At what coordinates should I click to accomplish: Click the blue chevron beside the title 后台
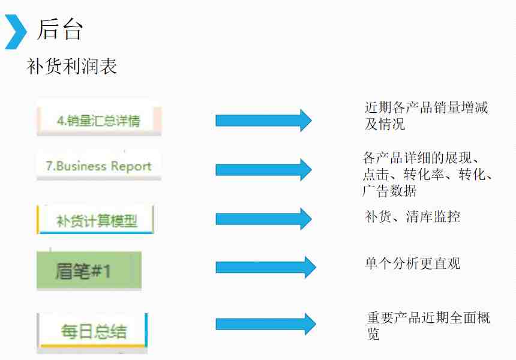click(x=16, y=32)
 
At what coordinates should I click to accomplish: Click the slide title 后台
click(x=59, y=29)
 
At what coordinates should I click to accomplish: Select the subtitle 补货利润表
click(x=72, y=66)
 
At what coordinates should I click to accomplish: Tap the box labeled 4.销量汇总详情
click(x=99, y=121)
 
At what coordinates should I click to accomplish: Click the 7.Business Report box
click(x=99, y=166)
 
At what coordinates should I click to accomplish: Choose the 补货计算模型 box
click(x=95, y=220)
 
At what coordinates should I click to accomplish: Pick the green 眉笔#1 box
click(x=89, y=271)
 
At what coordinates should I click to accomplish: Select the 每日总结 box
click(x=92, y=331)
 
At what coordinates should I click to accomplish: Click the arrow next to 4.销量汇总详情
click(x=263, y=121)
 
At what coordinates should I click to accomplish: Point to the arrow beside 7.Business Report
click(x=263, y=170)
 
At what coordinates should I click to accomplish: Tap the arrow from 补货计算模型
click(x=263, y=219)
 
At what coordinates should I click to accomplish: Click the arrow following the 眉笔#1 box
click(x=266, y=267)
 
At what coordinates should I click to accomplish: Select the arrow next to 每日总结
click(x=266, y=324)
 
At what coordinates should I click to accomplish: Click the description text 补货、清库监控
click(x=412, y=217)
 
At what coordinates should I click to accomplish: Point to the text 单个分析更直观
click(x=412, y=263)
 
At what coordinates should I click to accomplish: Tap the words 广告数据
click(x=389, y=191)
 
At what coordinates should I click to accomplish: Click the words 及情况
click(x=385, y=124)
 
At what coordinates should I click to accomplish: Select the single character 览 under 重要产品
click(x=374, y=334)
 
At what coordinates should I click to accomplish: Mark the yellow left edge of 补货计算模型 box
click(x=38, y=220)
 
